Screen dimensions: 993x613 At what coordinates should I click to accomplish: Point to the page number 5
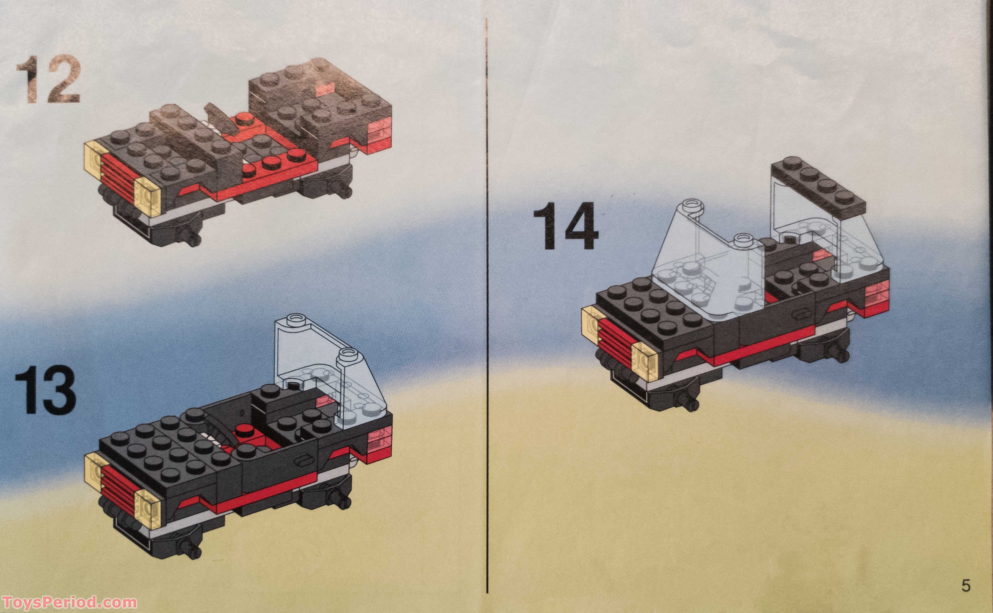coord(966,597)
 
